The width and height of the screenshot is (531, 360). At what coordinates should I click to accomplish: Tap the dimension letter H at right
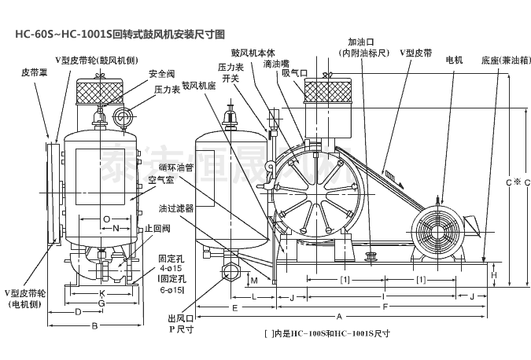[495, 274]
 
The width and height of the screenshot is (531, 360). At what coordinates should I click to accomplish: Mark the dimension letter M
[255, 279]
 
